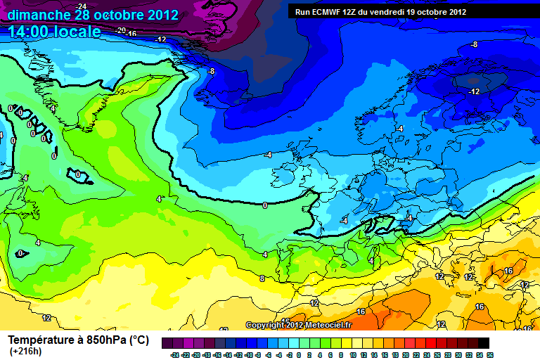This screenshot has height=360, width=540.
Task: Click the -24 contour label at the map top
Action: point(82,6)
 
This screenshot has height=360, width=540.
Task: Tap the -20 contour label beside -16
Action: point(120,31)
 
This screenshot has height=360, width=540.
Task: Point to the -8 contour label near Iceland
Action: point(210,71)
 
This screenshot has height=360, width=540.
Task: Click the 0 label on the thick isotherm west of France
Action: point(264,205)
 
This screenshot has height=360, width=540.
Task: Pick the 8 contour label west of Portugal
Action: point(262,278)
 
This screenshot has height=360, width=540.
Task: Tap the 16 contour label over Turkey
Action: point(508,271)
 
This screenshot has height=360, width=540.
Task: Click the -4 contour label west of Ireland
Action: point(267,155)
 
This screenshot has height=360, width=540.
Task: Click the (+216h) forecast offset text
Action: point(25,352)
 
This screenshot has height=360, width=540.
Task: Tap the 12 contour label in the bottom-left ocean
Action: point(46,318)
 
